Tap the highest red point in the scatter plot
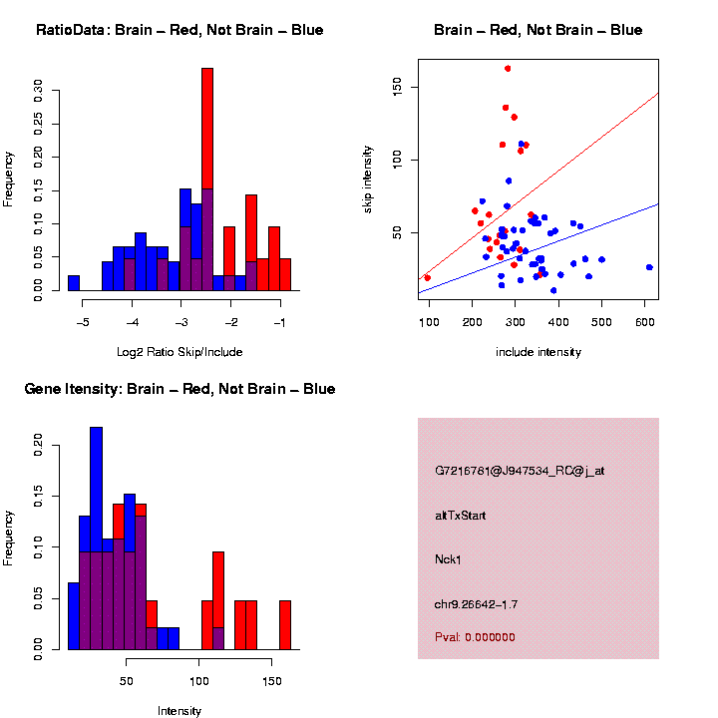click(508, 69)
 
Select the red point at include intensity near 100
click(428, 277)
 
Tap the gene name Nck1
click(448, 558)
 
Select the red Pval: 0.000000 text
click(475, 636)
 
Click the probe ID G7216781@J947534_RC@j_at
click(519, 471)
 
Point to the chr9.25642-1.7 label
click(476, 603)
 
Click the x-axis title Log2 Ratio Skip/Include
click(179, 351)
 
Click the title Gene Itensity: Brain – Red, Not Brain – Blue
click(179, 389)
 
